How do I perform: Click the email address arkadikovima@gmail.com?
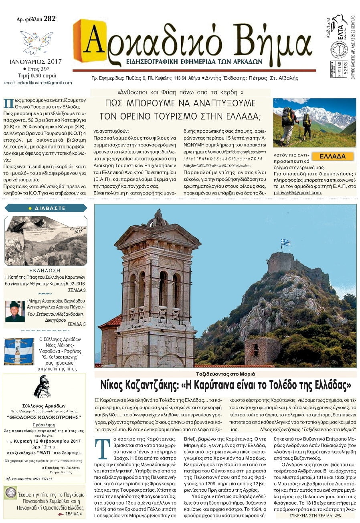point(44,83)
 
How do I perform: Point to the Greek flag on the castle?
point(285,242)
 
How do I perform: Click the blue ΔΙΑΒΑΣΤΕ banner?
point(45,208)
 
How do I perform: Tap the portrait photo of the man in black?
point(15,311)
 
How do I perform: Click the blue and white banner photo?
point(19,351)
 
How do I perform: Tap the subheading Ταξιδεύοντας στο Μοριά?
point(225,374)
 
